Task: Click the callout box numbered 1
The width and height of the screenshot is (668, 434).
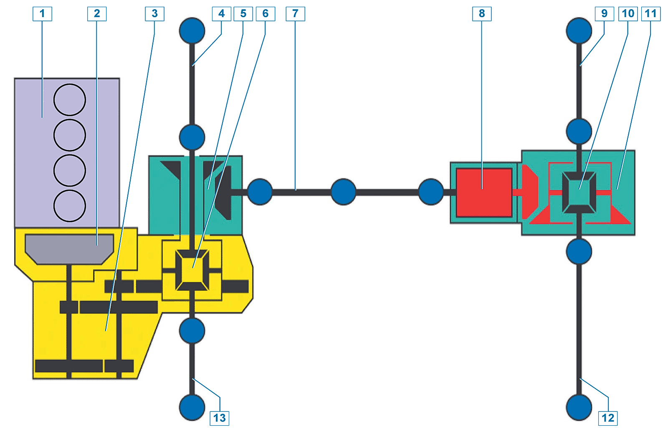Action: point(42,14)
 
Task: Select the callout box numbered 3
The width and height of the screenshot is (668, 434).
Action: point(154,14)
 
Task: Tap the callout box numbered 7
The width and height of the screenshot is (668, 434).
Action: point(295,14)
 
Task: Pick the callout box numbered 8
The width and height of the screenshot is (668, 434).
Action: point(482,14)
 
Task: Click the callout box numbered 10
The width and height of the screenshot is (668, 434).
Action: point(628,14)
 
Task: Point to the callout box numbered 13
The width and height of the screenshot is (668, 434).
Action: point(219,418)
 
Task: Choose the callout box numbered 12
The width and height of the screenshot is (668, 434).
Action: point(608,418)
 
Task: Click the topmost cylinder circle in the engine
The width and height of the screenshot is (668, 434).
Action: point(70,100)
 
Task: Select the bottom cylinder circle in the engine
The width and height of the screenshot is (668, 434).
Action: point(70,206)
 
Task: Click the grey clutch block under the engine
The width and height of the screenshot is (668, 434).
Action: point(69,248)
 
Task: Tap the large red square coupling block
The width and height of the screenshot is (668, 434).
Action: point(484,193)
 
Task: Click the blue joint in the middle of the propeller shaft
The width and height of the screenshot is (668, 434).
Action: point(343,192)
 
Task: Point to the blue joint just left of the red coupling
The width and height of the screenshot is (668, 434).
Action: point(431,192)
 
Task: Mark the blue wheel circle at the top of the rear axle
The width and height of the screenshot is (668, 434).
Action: point(579,30)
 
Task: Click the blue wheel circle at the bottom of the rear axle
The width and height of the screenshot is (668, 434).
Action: point(579,407)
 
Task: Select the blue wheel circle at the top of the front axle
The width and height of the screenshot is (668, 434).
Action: point(192,30)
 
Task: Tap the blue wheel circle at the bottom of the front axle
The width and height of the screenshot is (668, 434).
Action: point(192,407)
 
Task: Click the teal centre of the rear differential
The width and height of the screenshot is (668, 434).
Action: point(579,193)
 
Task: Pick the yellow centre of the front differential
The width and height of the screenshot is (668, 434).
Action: point(192,269)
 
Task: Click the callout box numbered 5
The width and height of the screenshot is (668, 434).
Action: point(243,14)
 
